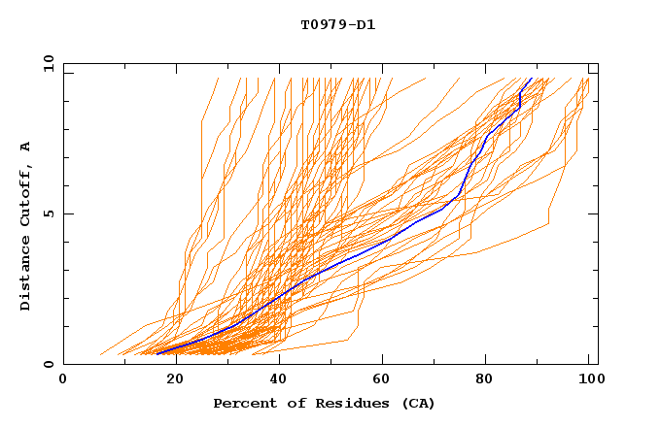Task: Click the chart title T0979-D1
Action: point(337,25)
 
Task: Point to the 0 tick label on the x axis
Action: point(63,381)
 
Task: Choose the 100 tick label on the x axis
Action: point(589,381)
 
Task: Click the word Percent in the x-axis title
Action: point(241,404)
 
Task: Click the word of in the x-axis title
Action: point(283,404)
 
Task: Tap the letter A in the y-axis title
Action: point(26,147)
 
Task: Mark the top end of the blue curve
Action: point(531,79)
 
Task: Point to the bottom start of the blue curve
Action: point(157,353)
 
